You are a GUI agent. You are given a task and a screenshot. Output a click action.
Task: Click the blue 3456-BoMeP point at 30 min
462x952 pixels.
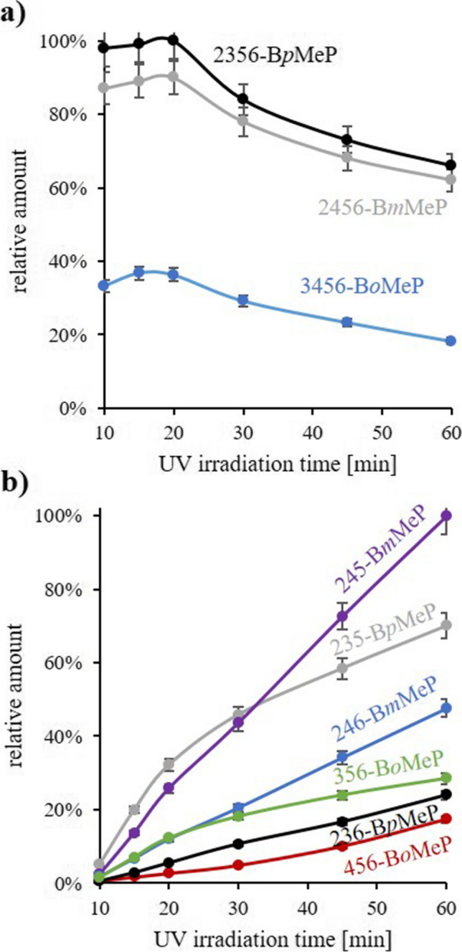tap(243, 300)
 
